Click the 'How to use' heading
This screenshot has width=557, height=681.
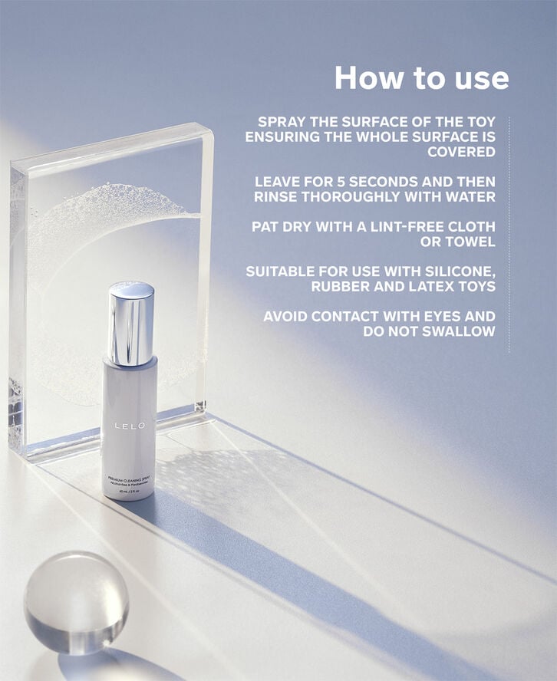[421, 78]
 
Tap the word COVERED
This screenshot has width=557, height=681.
[461, 152]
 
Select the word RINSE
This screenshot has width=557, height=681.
[277, 196]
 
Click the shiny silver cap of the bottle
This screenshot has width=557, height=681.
[131, 322]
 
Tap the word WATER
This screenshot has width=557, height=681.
[471, 196]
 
